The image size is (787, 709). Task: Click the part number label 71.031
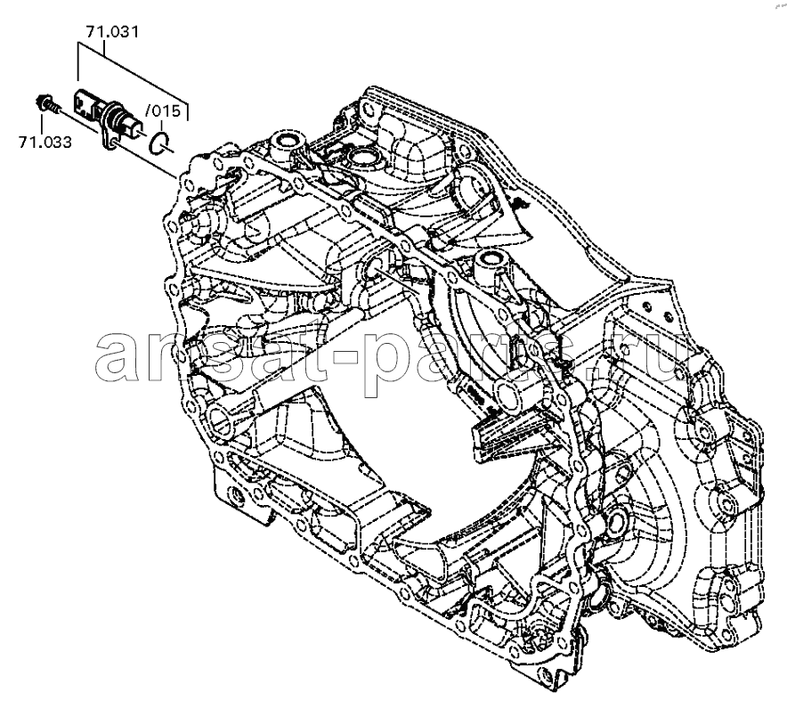[112, 34]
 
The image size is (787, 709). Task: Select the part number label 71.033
[44, 140]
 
